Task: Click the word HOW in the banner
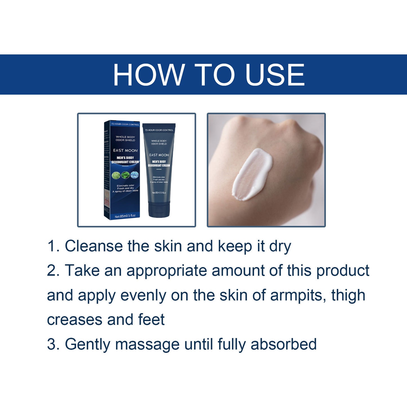click(148, 75)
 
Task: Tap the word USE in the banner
click(275, 75)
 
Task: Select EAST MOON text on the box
click(125, 150)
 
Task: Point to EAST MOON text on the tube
click(159, 155)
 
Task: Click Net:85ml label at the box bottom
click(125, 216)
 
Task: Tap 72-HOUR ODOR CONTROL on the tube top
click(159, 130)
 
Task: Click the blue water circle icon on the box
click(135, 175)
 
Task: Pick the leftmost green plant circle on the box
click(116, 175)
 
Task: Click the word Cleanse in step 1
click(94, 246)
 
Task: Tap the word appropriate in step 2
click(167, 271)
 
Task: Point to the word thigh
click(348, 296)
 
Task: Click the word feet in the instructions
click(151, 320)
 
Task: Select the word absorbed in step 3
click(283, 344)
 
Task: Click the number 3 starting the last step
click(51, 344)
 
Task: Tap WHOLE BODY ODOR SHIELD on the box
click(125, 138)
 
